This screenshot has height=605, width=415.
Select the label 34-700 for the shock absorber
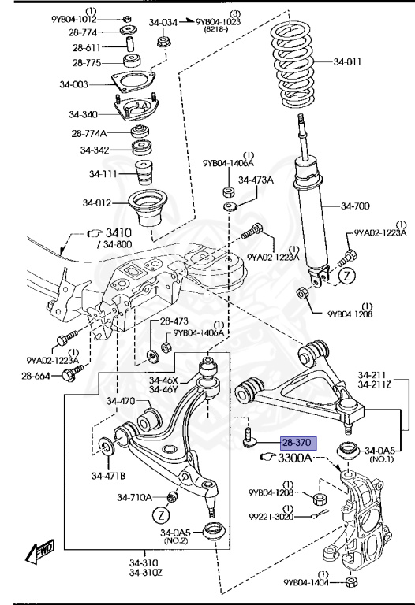[355, 206]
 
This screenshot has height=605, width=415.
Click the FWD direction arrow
[39, 551]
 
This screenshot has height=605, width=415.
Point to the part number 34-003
[73, 84]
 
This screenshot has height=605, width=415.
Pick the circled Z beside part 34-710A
[161, 514]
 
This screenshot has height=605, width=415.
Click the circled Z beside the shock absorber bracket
[347, 276]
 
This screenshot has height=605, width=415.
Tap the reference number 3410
[118, 232]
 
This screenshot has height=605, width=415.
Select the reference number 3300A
[295, 458]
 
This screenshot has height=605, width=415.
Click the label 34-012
[96, 202]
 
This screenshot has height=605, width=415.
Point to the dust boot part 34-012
[148, 208]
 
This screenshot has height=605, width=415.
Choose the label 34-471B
[108, 476]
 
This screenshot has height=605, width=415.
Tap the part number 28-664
[36, 376]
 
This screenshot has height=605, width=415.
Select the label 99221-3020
[271, 516]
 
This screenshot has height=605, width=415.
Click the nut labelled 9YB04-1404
[351, 581]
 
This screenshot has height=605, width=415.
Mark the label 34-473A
[256, 180]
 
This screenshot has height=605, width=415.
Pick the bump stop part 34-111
[143, 173]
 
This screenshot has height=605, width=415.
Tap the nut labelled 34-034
[163, 41]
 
